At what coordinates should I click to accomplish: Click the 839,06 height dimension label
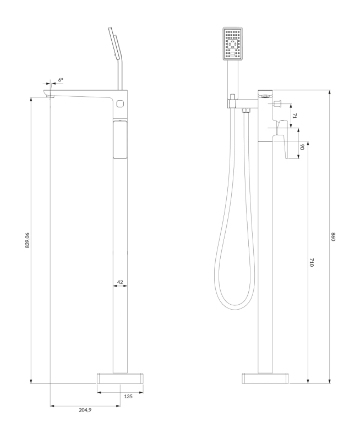[27, 240]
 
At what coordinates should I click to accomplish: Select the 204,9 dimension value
[85, 410]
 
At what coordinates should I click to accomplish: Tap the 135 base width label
[128, 397]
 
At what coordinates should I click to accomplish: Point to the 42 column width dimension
[120, 282]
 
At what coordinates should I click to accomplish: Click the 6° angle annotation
[61, 80]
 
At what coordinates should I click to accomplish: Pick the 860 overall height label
[334, 237]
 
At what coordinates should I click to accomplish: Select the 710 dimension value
[312, 262]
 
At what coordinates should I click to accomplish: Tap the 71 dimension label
[294, 116]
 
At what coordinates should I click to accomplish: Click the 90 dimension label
[302, 147]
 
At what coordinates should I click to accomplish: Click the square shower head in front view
[233, 43]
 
